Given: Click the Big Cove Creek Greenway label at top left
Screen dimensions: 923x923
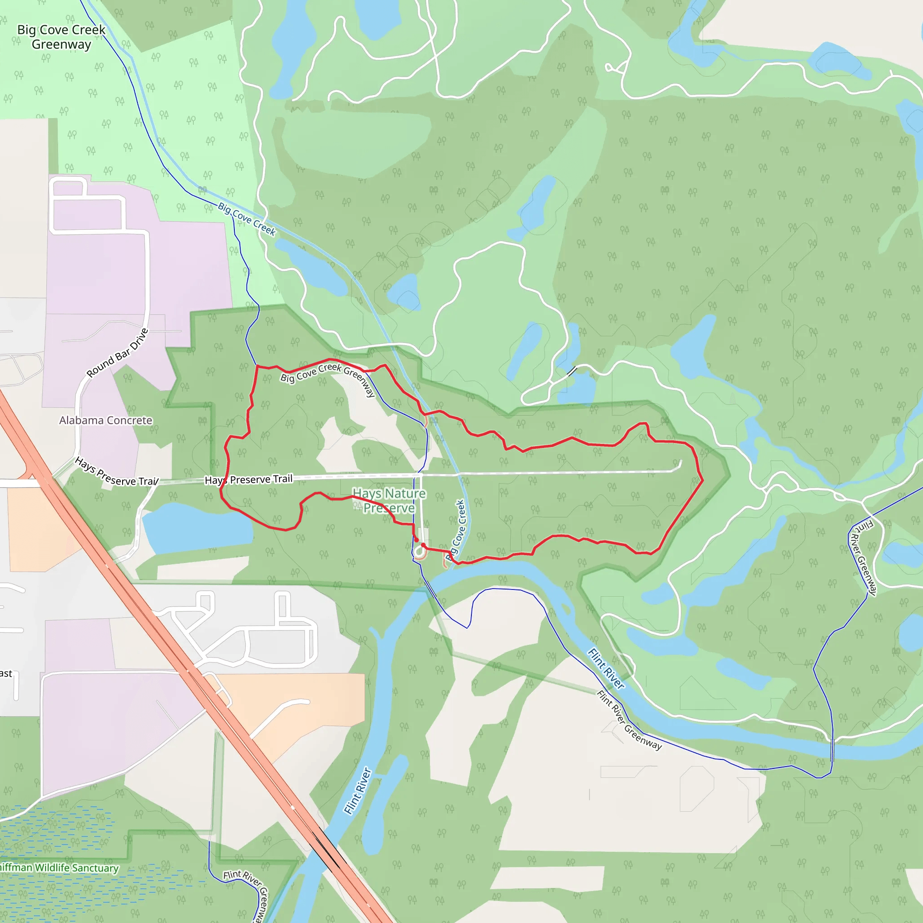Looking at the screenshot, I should point(61,37).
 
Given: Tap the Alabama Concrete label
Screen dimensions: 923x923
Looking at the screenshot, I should point(105,420).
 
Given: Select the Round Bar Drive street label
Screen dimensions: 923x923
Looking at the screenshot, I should point(118,352).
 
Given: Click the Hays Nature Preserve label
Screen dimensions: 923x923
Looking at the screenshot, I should point(389,500).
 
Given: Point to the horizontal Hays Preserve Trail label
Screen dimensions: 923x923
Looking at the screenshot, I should point(248,479).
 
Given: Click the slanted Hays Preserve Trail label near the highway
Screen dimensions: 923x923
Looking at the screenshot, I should point(116,472).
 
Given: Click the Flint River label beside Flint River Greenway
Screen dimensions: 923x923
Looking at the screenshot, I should point(606,668).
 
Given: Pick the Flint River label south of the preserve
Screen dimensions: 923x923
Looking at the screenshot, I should point(357,790).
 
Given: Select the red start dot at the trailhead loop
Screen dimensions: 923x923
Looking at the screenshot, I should point(416,540).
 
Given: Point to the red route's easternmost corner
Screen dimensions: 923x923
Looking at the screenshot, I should point(702,480).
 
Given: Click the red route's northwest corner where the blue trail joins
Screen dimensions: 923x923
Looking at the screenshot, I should point(257,366).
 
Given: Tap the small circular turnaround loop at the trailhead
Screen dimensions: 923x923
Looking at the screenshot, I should point(420,552).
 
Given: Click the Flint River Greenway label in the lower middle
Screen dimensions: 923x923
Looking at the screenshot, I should point(629,721).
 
